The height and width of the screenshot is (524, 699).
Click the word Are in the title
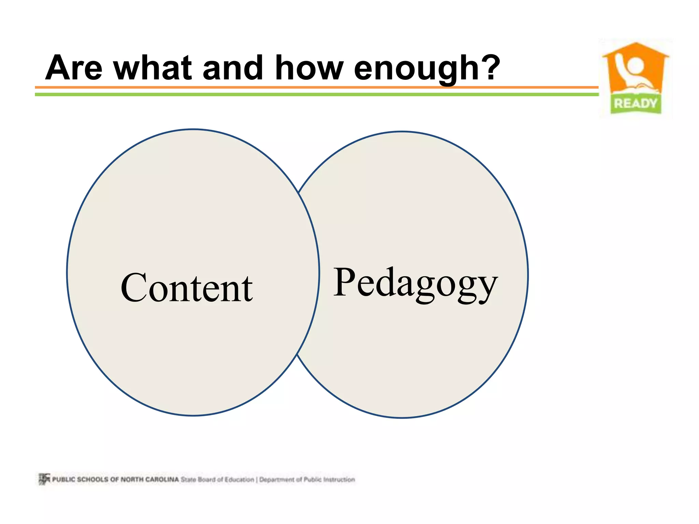pos(74,68)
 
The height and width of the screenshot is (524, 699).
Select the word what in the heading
pos(153,68)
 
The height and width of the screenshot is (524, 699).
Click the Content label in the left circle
pos(187,288)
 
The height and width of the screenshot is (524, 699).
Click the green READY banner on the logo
pos(636,103)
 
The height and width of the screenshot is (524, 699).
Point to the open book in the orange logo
pos(635,88)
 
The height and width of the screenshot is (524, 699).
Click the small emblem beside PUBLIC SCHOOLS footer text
pos(44,479)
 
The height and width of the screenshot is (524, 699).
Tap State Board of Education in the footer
pos(217,479)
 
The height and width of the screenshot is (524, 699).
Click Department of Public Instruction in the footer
pos(307,479)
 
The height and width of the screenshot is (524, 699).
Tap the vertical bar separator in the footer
pos(257,479)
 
